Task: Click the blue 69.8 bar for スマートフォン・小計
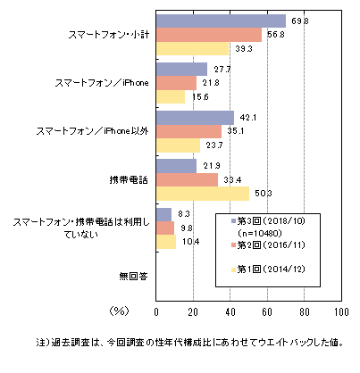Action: (221, 21)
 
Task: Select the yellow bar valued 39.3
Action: (192, 48)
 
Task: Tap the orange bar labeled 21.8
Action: (176, 83)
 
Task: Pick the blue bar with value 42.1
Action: (195, 118)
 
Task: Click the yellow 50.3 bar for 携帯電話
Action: (203, 194)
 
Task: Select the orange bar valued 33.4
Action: (187, 179)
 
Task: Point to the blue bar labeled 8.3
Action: (163, 214)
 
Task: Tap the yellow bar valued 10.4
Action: (166, 242)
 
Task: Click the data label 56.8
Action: (276, 35)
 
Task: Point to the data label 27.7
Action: (222, 70)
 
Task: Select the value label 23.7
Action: (214, 145)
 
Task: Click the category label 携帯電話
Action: (129, 180)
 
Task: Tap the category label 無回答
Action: (133, 277)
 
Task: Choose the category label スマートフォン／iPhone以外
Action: (92, 131)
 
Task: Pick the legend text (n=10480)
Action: (260, 233)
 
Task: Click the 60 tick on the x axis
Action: (267, 312)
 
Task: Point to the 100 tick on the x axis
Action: (341, 312)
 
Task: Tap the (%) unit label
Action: (119, 311)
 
